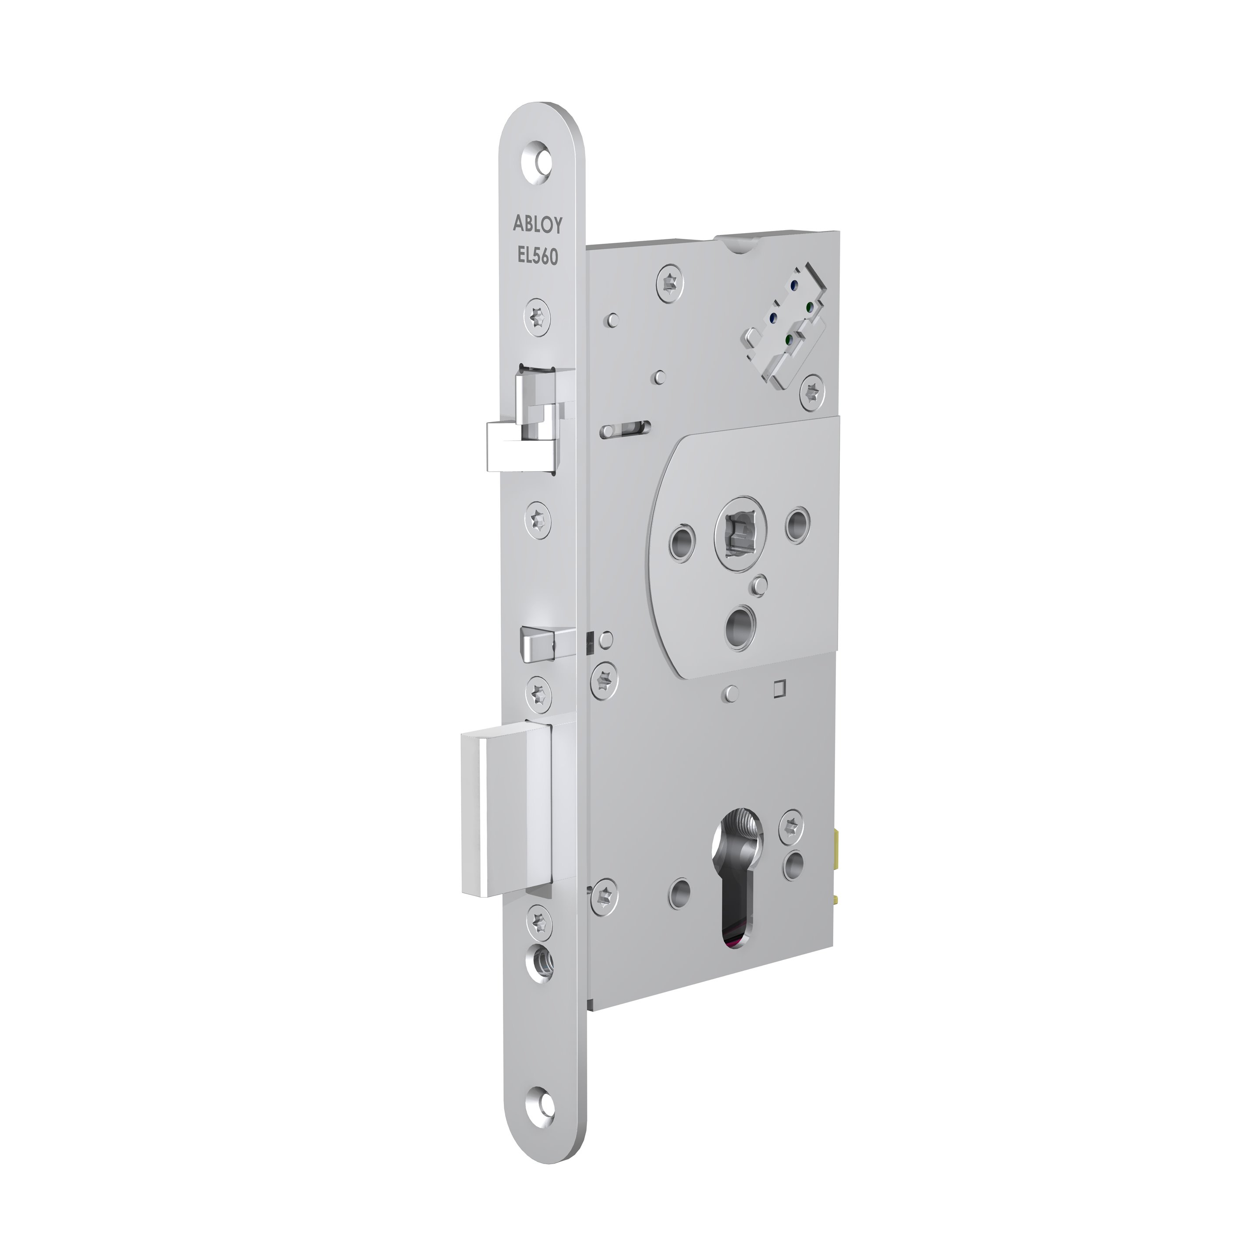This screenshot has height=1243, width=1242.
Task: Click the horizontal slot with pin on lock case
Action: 627,429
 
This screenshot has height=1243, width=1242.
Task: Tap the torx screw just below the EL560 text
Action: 538,316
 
